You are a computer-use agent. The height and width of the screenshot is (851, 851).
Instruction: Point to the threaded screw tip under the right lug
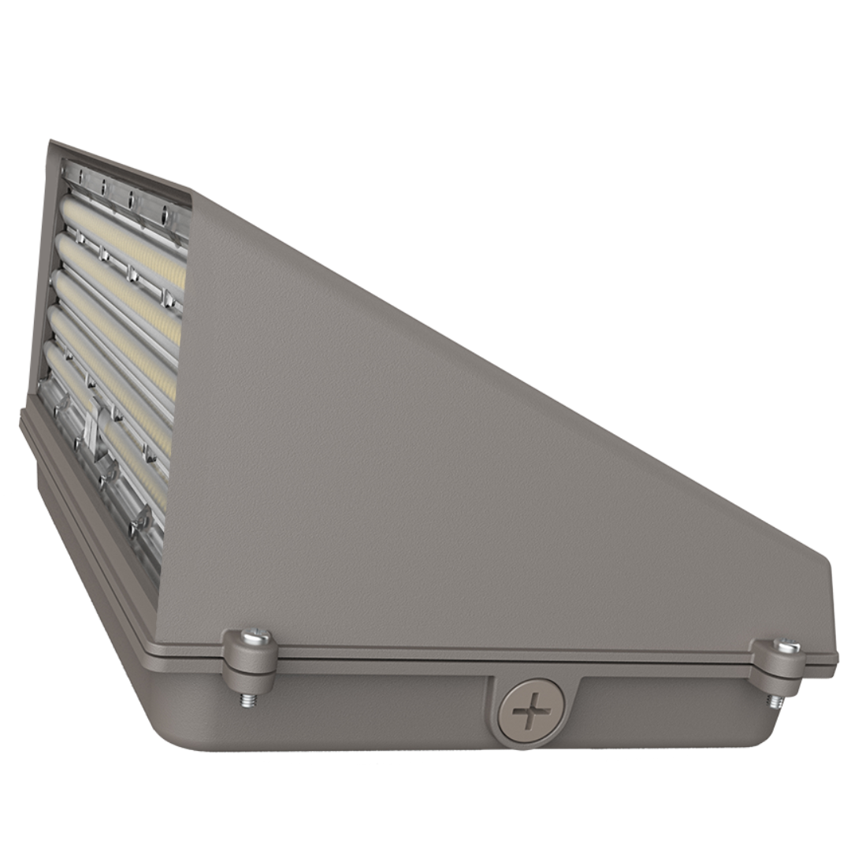click(x=777, y=700)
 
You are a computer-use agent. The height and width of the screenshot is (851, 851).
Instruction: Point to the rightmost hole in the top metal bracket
click(x=165, y=211)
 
